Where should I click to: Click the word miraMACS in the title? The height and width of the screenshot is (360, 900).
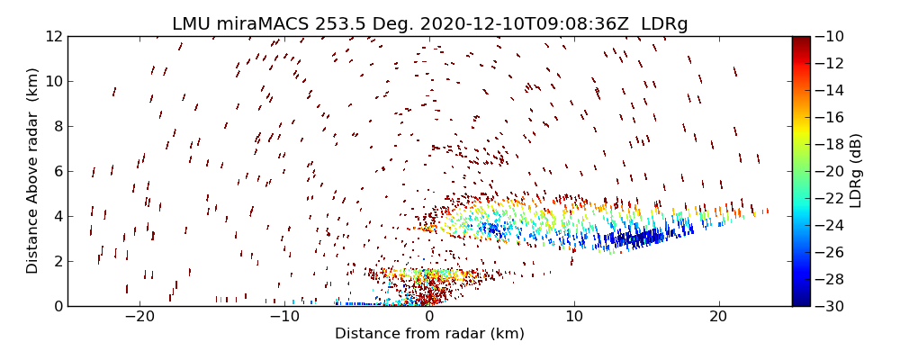[x=256, y=24]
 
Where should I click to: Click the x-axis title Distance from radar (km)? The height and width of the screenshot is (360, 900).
[x=429, y=334]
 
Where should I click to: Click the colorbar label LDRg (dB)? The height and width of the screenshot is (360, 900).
[x=856, y=171]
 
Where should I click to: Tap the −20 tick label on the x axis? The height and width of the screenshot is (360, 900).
[x=139, y=318]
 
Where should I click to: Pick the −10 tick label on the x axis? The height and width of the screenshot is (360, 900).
[x=284, y=318]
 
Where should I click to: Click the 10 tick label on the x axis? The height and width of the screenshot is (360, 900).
[x=574, y=318]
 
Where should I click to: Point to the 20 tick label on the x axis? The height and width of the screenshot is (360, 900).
[x=718, y=318]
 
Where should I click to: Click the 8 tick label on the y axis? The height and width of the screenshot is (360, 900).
[x=57, y=127]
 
